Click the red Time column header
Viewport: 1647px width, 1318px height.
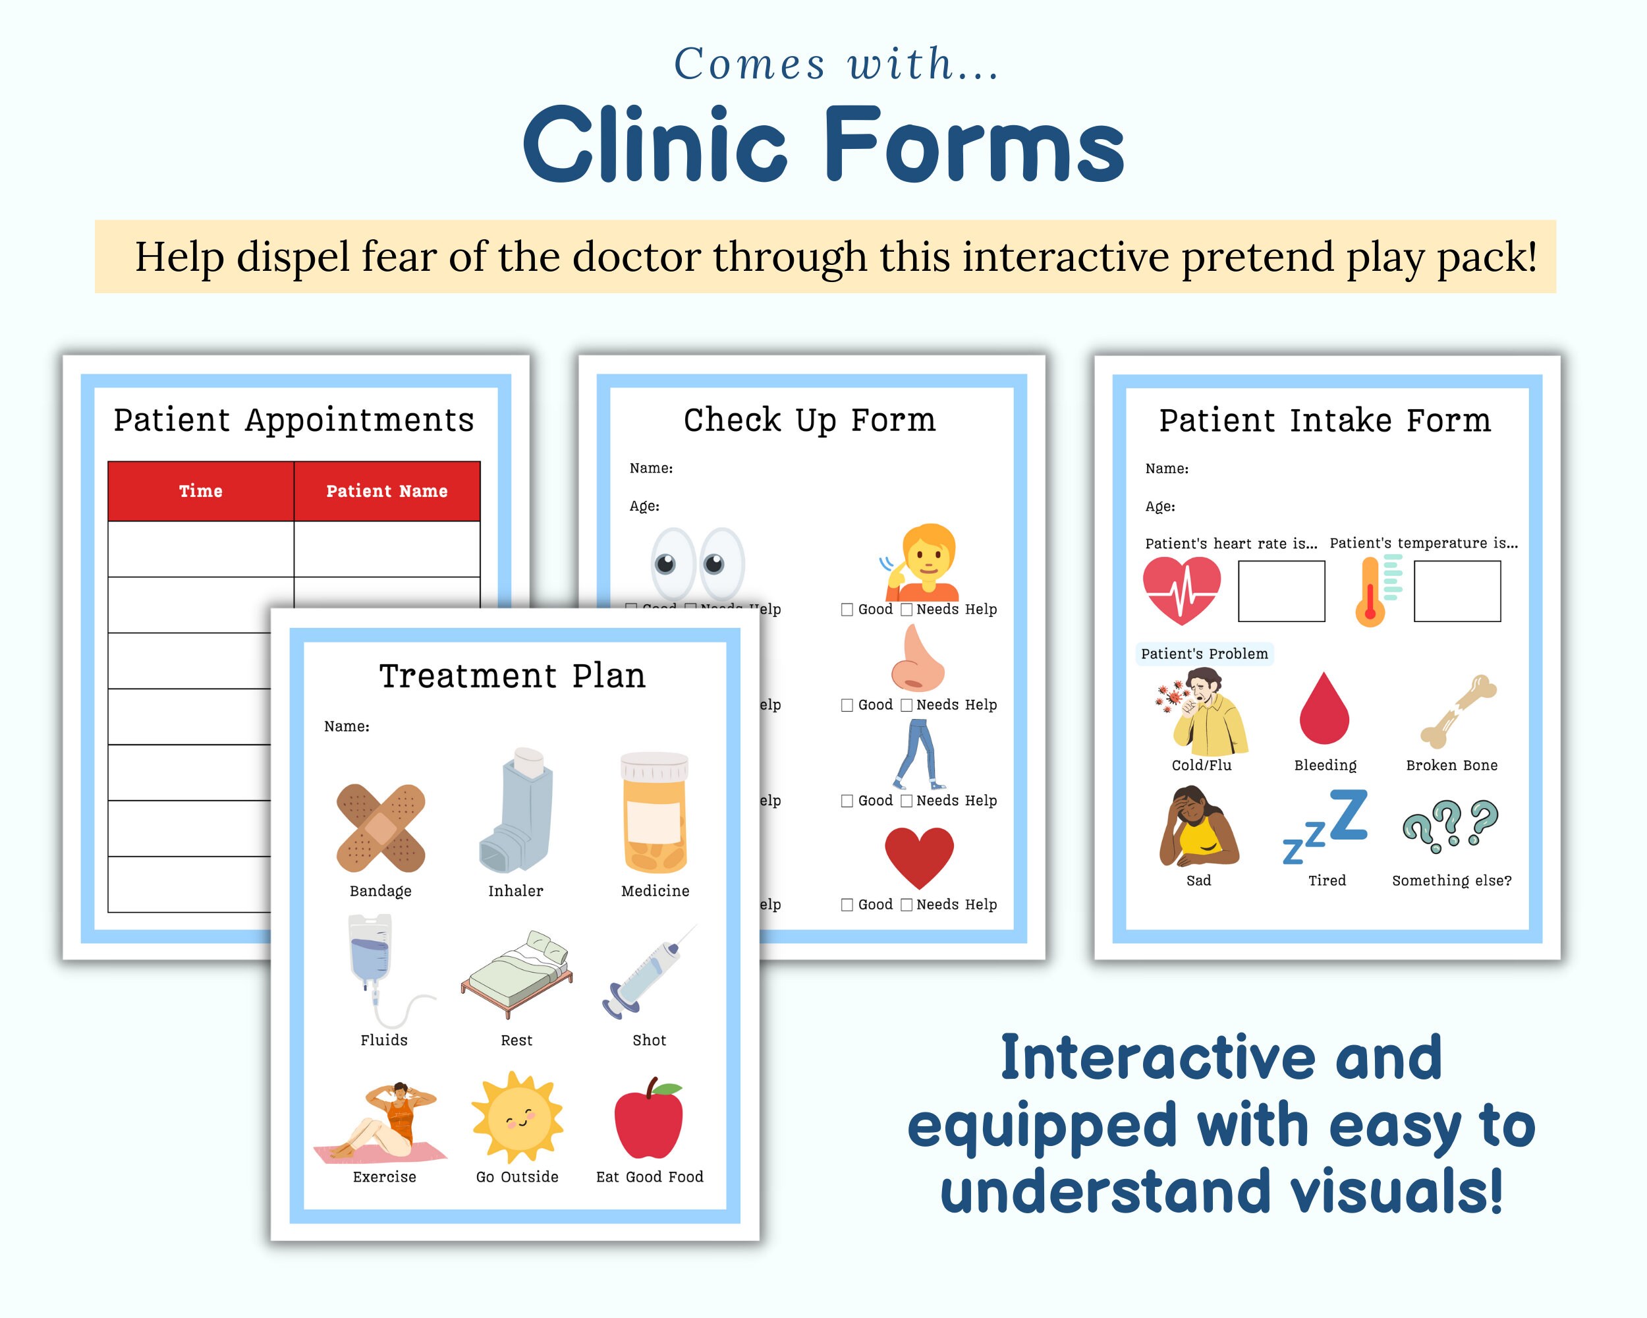pos(201,492)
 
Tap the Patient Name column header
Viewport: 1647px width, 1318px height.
pos(387,492)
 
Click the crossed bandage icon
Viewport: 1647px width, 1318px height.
pos(380,828)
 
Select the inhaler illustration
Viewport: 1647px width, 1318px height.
pos(517,811)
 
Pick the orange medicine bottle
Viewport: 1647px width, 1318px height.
pos(655,813)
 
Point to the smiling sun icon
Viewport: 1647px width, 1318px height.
pos(517,1116)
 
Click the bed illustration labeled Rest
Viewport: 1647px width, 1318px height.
pos(517,974)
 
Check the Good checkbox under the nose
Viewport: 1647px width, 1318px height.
pos(847,705)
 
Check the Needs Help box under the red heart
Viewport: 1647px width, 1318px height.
pos(907,905)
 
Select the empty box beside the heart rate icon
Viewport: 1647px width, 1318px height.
pos(1281,591)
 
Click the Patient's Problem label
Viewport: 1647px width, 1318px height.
pos(1204,654)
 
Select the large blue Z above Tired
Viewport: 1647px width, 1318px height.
pos(1349,815)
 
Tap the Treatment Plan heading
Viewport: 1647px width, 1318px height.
pos(513,676)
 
